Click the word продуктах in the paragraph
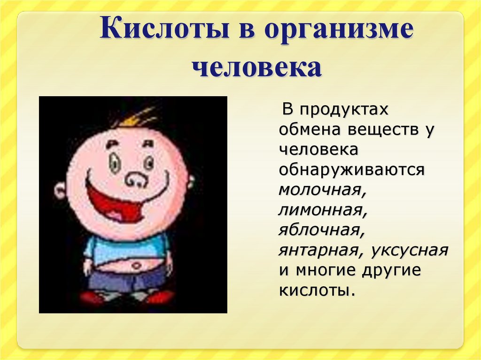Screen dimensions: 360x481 [x=345, y=110]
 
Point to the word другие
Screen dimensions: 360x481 [x=389, y=270]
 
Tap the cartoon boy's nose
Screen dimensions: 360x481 [x=135, y=178]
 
